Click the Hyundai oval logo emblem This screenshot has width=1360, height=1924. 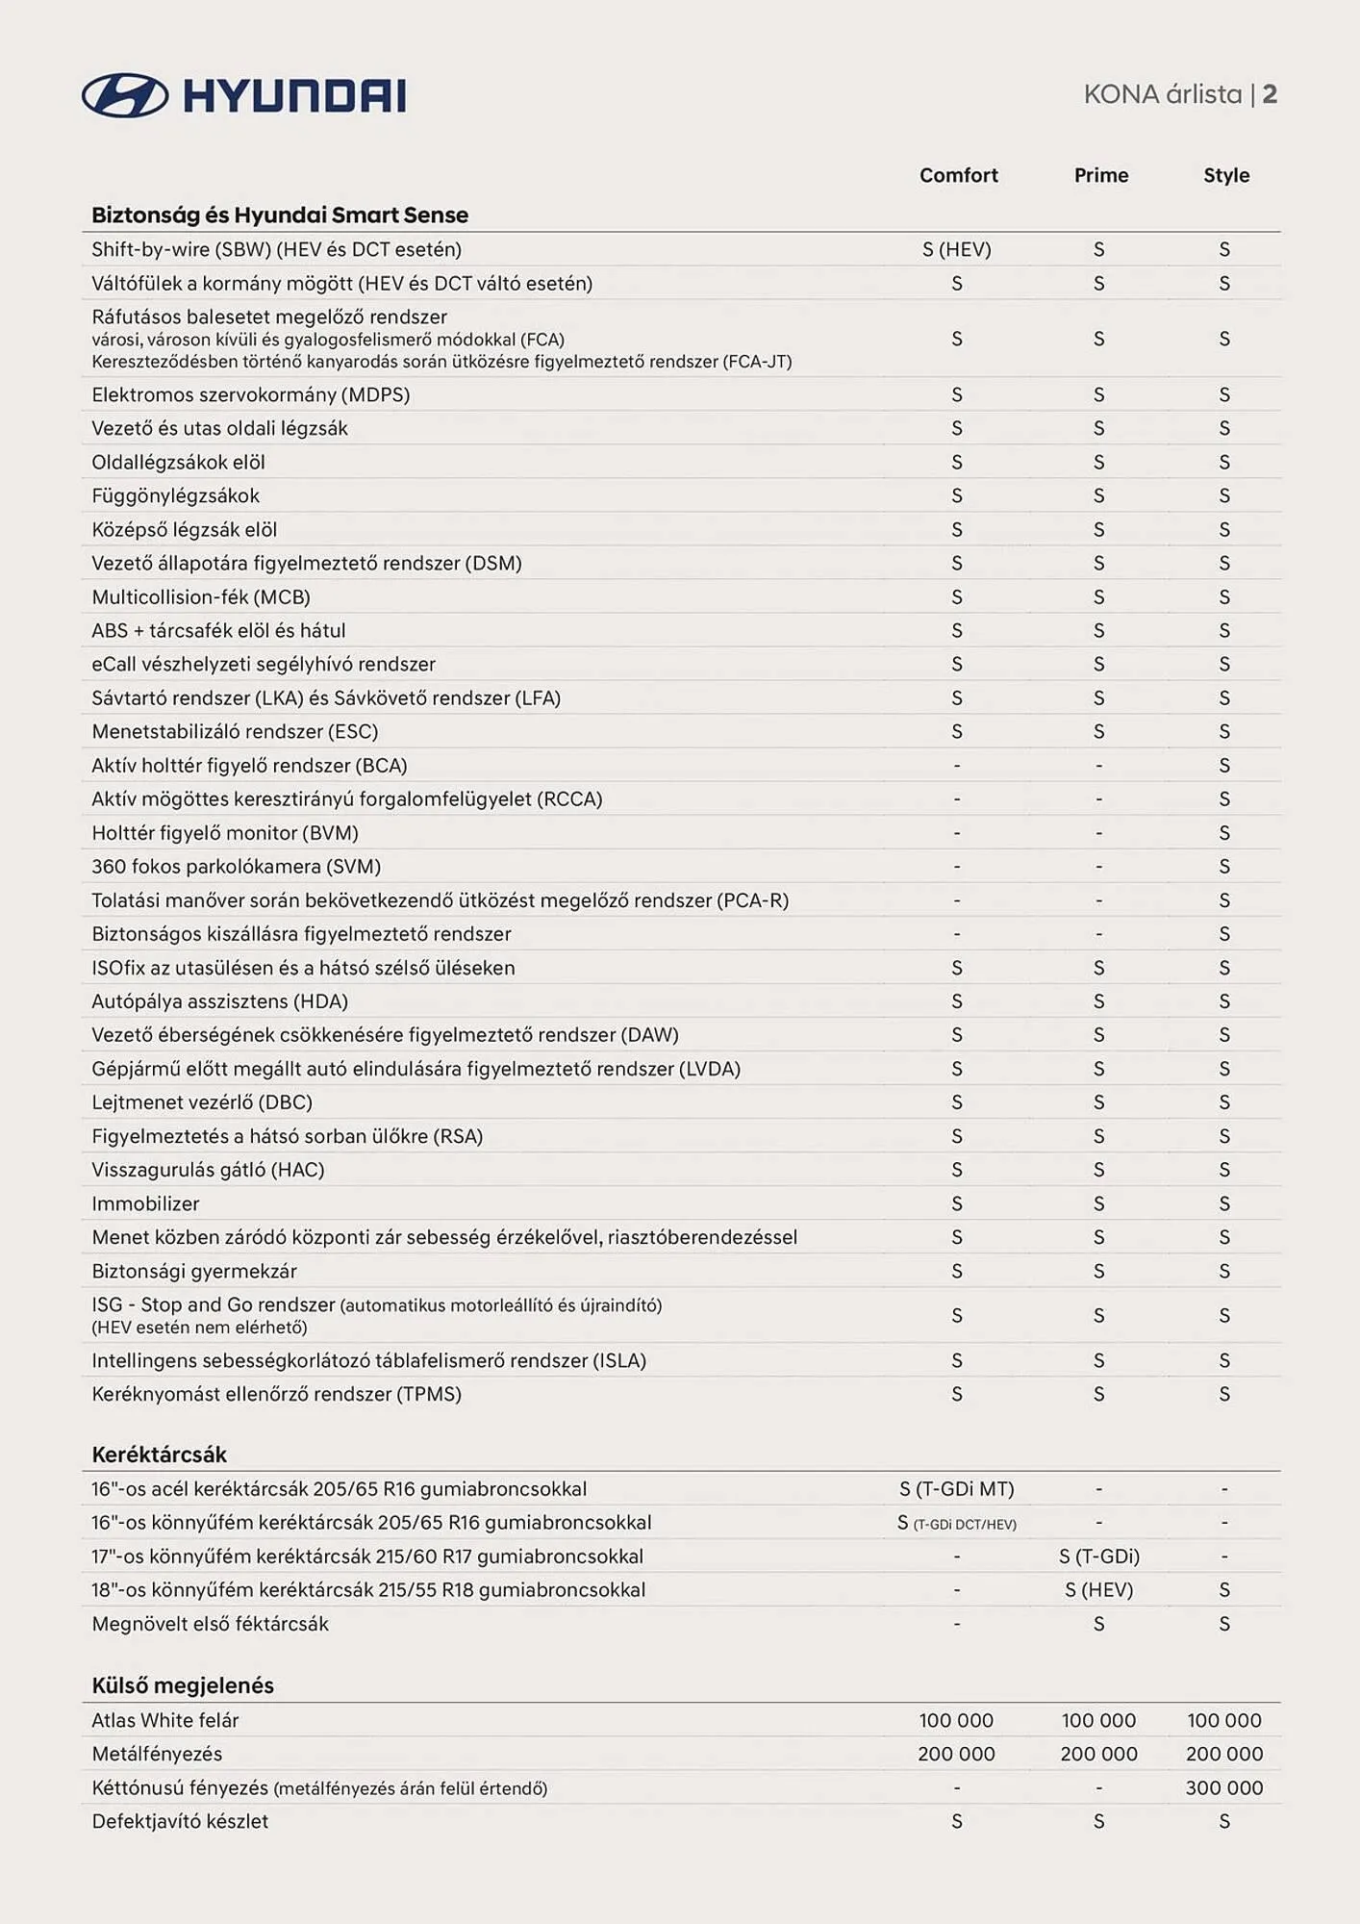125,95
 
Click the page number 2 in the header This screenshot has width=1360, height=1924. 1270,94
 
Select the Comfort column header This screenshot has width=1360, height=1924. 958,175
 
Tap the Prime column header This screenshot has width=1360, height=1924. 1100,175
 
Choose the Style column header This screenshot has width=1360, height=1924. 1225,175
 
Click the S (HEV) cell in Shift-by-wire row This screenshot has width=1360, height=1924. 956,249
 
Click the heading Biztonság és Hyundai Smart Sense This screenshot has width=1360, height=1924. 280,215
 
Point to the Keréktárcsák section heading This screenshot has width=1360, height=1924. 159,1455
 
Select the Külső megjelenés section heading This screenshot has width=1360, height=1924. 183,1685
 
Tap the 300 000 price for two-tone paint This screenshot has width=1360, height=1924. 1223,1787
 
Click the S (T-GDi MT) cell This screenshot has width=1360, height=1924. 956,1489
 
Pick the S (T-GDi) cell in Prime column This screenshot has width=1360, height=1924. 1098,1557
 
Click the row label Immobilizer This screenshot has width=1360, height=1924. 145,1203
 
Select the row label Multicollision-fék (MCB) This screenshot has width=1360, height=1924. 201,597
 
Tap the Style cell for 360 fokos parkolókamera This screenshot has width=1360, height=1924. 1223,867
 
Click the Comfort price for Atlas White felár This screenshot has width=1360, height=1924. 956,1720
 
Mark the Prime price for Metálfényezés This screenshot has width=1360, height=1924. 1098,1754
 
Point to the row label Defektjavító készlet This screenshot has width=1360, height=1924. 180,1821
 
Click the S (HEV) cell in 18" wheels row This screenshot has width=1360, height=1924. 1098,1590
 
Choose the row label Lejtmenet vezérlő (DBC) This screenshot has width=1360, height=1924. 202,1102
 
